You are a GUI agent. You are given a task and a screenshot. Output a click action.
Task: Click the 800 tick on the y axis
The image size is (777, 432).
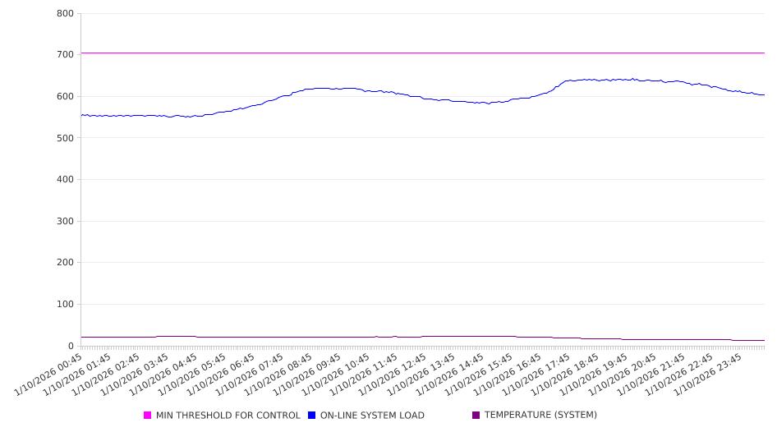coord(66,14)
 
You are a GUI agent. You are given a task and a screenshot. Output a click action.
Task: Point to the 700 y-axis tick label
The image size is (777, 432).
coord(66,55)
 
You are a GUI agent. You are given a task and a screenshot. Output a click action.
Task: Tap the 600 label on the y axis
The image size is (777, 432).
coord(66,97)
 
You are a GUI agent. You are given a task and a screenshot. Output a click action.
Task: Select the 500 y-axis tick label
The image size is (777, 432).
coord(66,138)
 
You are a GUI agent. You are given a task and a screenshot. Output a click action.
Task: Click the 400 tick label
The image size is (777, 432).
coord(66,180)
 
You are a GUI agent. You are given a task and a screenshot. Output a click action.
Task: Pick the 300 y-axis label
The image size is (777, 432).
coord(66,222)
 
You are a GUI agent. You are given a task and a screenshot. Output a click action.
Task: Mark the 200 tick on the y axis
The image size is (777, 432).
coord(66,263)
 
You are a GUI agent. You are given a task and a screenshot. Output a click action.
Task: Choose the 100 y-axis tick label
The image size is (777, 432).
coord(66,305)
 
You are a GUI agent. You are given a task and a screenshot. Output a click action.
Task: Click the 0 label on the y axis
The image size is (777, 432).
coord(71,347)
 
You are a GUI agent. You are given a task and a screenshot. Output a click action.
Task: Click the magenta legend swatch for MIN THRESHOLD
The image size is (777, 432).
coord(148,416)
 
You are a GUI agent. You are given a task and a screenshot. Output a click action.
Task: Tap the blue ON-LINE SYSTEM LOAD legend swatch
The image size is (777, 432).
coord(312,416)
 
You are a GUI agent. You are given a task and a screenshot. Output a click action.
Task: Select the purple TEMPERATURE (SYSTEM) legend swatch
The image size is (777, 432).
coord(476,416)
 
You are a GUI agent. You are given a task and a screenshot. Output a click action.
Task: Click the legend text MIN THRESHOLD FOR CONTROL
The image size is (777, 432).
coord(228,416)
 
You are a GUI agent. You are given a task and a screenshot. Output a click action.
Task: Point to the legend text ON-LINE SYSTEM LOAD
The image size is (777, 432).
coord(372,416)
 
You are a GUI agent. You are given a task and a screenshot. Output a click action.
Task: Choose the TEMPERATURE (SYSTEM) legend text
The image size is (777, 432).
coord(540,416)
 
